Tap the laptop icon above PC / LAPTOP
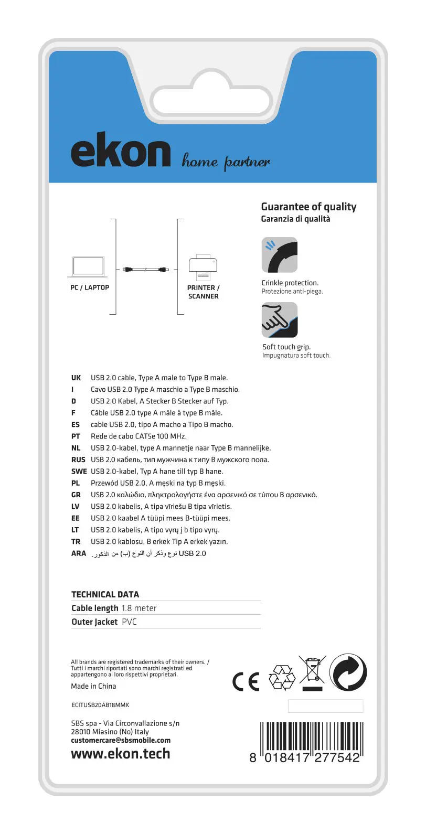click(88, 267)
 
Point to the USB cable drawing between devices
click(146, 270)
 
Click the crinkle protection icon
click(279, 255)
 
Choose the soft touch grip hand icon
click(279, 320)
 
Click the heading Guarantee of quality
click(308, 207)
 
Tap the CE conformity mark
click(246, 681)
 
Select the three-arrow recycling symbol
click(282, 678)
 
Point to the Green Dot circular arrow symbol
click(348, 672)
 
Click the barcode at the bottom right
click(311, 741)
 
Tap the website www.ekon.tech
click(121, 754)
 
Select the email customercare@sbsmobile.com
click(121, 741)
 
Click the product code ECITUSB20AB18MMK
click(100, 705)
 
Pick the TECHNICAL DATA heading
click(105, 594)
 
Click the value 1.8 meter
click(139, 608)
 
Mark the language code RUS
click(78, 460)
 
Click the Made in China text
click(93, 686)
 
